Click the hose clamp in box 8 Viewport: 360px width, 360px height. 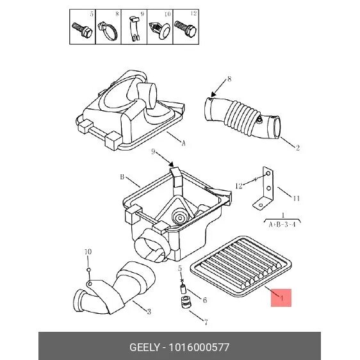(108, 31)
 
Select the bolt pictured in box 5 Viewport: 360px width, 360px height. (82, 30)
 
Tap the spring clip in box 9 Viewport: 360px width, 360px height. (134, 29)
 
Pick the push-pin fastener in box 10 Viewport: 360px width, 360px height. (160, 30)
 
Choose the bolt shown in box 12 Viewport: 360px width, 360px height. (185, 28)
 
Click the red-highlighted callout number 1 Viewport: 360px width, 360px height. (281, 298)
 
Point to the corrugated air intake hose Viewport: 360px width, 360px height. (242, 118)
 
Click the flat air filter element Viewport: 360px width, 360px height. (241, 266)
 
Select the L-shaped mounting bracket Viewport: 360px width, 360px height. (264, 188)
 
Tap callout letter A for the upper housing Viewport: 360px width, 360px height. (183, 143)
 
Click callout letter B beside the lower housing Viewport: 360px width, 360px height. (122, 177)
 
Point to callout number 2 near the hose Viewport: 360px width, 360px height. (298, 147)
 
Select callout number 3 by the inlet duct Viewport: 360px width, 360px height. (149, 311)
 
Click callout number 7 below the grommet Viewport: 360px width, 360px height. (206, 323)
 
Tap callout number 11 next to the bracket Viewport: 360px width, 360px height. (297, 198)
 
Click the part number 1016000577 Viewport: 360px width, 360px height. (199, 347)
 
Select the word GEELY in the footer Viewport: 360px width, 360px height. (144, 347)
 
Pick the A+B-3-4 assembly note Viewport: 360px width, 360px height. (282, 225)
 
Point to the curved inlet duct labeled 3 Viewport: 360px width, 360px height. (115, 290)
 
